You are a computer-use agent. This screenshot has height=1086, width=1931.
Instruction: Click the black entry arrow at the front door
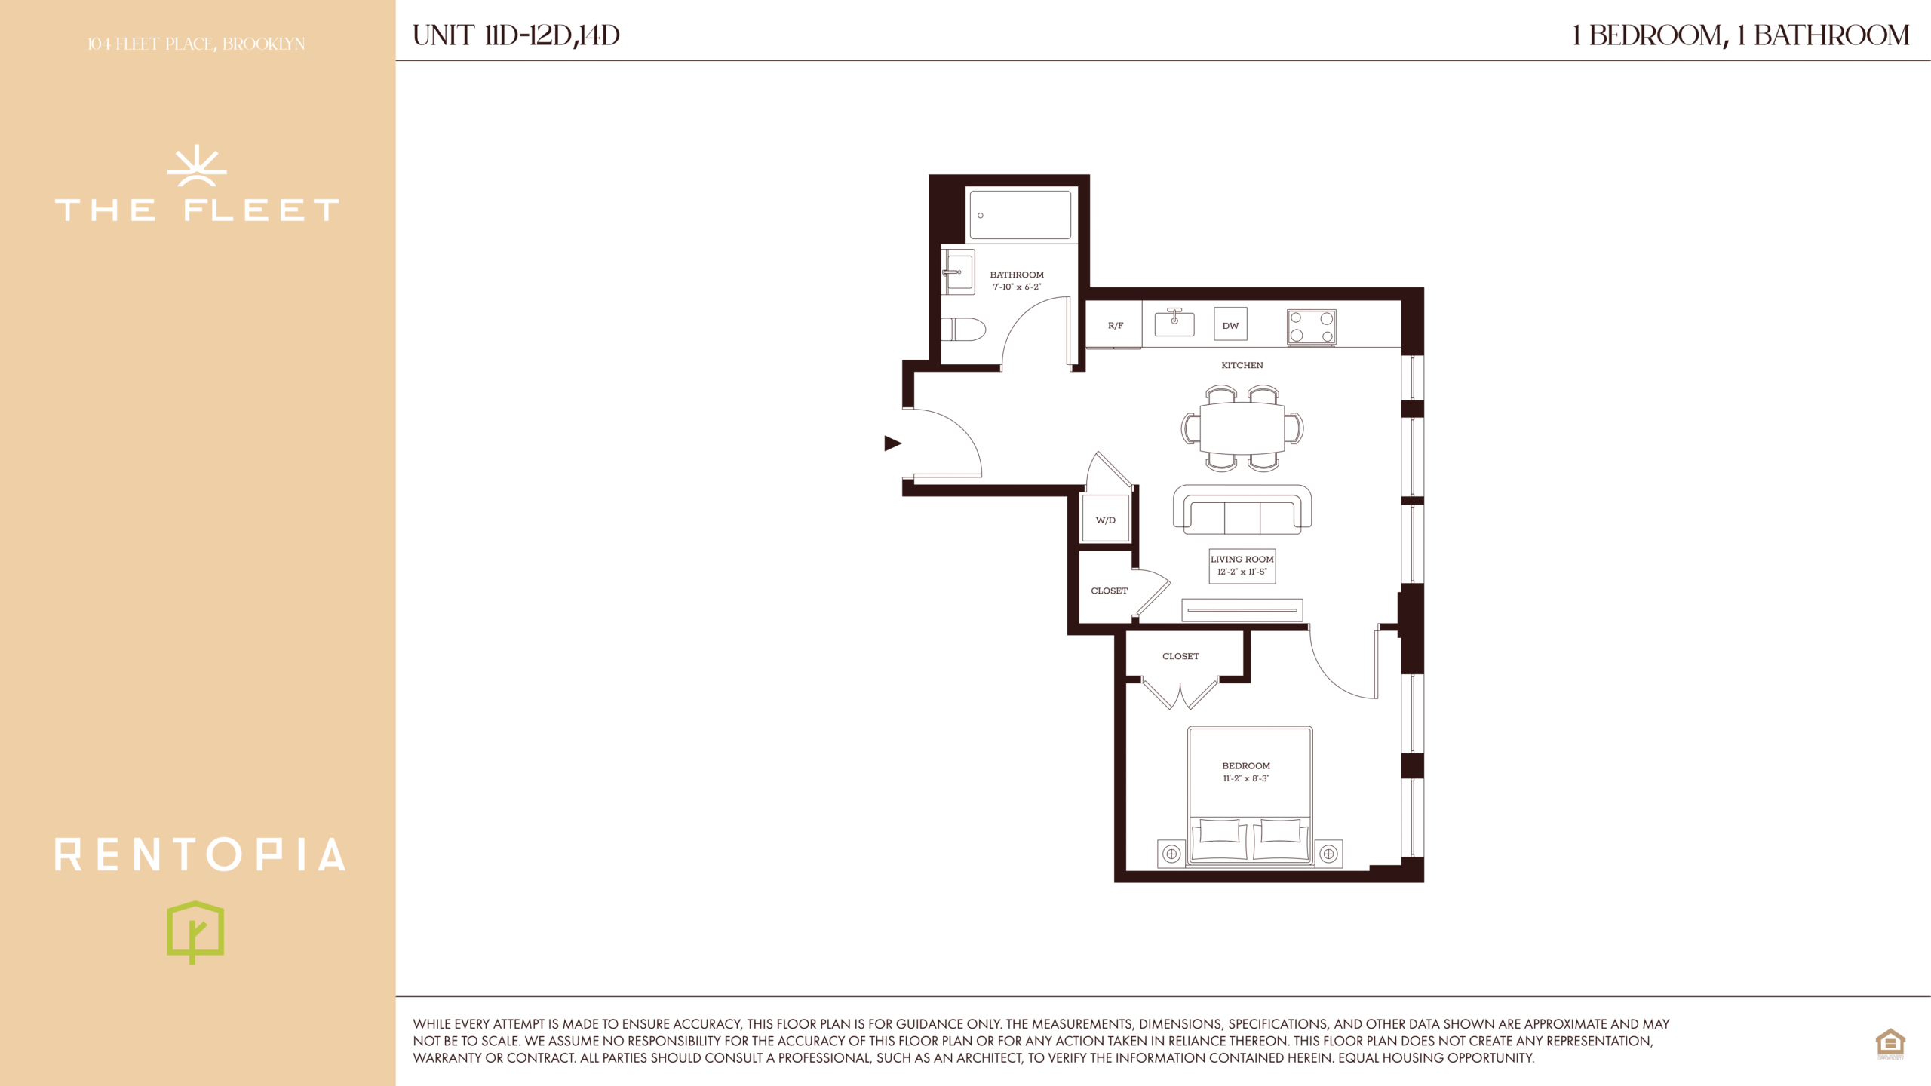(892, 443)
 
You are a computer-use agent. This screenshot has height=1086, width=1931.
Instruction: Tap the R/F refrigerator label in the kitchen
(1116, 326)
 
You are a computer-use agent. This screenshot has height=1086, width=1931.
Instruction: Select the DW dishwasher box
(1230, 324)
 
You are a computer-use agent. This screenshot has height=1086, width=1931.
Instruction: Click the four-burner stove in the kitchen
(1311, 327)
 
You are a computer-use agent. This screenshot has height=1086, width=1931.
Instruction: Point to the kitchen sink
(1174, 322)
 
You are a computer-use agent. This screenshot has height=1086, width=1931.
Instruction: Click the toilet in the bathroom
(963, 330)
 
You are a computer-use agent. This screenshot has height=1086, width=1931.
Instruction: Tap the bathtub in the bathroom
(1020, 215)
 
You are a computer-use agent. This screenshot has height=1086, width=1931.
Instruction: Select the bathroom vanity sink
(958, 271)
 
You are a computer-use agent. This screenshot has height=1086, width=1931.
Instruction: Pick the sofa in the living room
(1242, 509)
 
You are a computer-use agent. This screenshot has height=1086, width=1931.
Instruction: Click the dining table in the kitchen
(1242, 428)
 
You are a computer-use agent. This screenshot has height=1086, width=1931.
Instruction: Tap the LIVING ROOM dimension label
(1242, 566)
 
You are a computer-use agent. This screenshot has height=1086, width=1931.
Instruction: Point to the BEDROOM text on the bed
(1246, 765)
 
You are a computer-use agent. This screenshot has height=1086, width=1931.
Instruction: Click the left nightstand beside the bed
(1171, 854)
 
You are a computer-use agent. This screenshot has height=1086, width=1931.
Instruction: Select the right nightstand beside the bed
(1329, 854)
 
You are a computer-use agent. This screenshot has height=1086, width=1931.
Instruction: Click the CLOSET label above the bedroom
(1180, 656)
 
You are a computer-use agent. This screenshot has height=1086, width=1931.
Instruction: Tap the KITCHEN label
(1242, 365)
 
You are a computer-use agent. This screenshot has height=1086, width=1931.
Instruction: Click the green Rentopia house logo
(195, 932)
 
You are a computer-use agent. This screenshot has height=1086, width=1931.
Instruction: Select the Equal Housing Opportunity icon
(1890, 1044)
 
